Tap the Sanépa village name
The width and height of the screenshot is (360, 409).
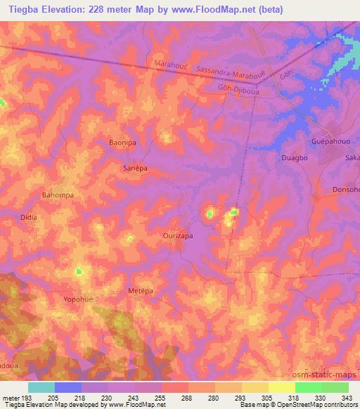pos(134,169)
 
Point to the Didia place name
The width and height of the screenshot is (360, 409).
pos(29,218)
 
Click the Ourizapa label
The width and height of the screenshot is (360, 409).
pos(178,236)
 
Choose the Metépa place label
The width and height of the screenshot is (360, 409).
pos(141,290)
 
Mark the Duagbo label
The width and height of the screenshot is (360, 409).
pos(294,158)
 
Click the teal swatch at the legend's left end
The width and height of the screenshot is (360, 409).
pos(41,387)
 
